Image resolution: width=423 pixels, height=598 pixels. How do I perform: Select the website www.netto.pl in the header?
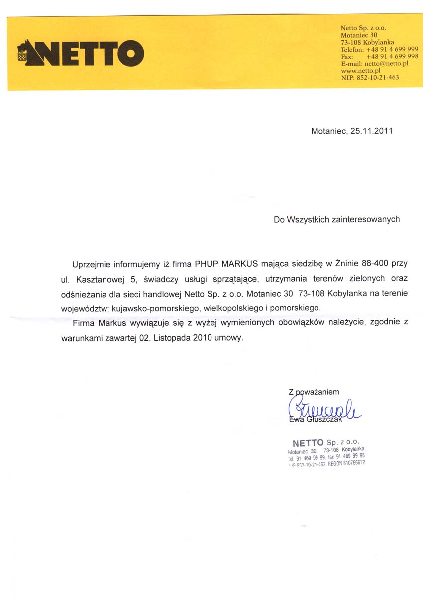pos(360,71)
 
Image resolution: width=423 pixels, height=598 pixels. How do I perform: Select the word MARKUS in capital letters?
pos(240,264)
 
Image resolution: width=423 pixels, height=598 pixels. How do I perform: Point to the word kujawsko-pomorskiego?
pos(156,308)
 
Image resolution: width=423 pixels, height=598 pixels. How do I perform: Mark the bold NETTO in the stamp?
pos(308,442)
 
